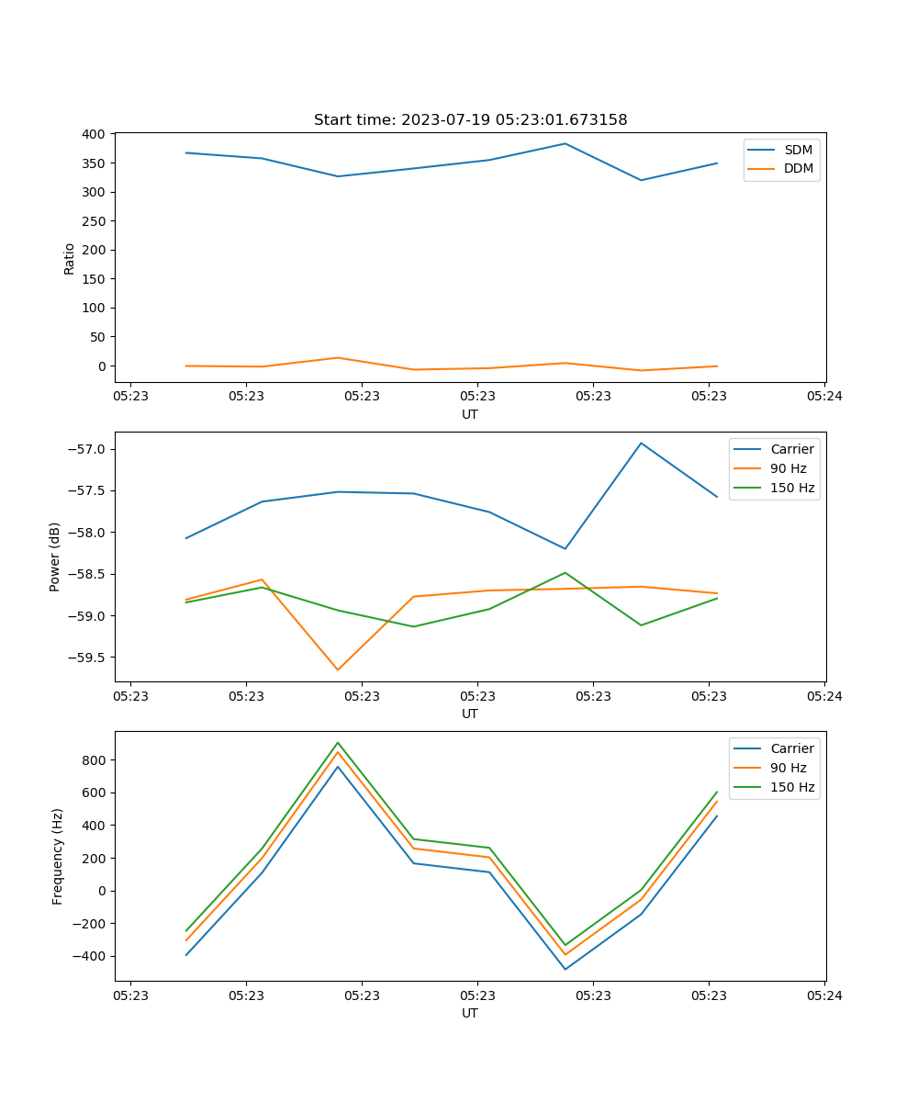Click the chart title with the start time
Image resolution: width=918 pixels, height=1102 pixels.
pyautogui.click(x=470, y=120)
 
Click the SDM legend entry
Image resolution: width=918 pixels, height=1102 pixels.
pyautogui.click(x=798, y=149)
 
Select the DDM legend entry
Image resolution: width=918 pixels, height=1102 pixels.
pyautogui.click(x=798, y=168)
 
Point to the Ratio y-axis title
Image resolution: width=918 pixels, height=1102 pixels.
pyautogui.click(x=70, y=258)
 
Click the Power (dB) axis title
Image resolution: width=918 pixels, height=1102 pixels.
pyautogui.click(x=56, y=557)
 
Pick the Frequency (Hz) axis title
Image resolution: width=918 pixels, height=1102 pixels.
pyautogui.click(x=58, y=856)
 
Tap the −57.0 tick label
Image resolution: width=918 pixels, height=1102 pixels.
pyautogui.click(x=85, y=449)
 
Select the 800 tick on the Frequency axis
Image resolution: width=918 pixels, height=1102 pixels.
pyautogui.click(x=95, y=760)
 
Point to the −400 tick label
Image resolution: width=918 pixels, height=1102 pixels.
pyautogui.click(x=90, y=956)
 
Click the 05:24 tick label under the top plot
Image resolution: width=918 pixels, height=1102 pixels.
pyautogui.click(x=824, y=397)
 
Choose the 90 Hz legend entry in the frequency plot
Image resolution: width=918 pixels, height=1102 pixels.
pyautogui.click(x=789, y=768)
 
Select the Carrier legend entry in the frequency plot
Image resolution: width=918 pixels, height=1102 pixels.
pyautogui.click(x=792, y=748)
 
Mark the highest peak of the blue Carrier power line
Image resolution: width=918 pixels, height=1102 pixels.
pyautogui.click(x=641, y=444)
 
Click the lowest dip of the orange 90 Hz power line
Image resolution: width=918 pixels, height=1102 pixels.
pyautogui.click(x=338, y=669)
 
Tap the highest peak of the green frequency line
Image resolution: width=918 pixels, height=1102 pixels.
pyautogui.click(x=338, y=743)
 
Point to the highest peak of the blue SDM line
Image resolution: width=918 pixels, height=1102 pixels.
pyautogui.click(x=565, y=143)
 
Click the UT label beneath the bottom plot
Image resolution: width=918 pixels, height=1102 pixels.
pyautogui.click(x=470, y=1013)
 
